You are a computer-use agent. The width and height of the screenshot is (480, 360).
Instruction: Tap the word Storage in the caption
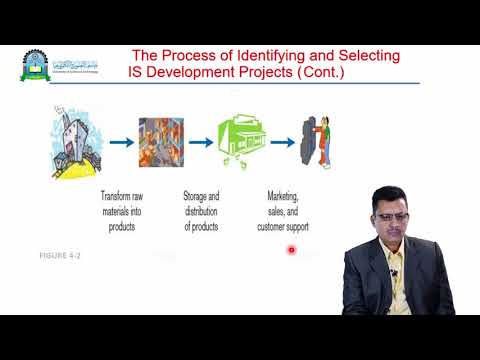coord(200,196)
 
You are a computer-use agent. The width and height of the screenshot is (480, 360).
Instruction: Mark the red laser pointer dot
coord(291,251)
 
